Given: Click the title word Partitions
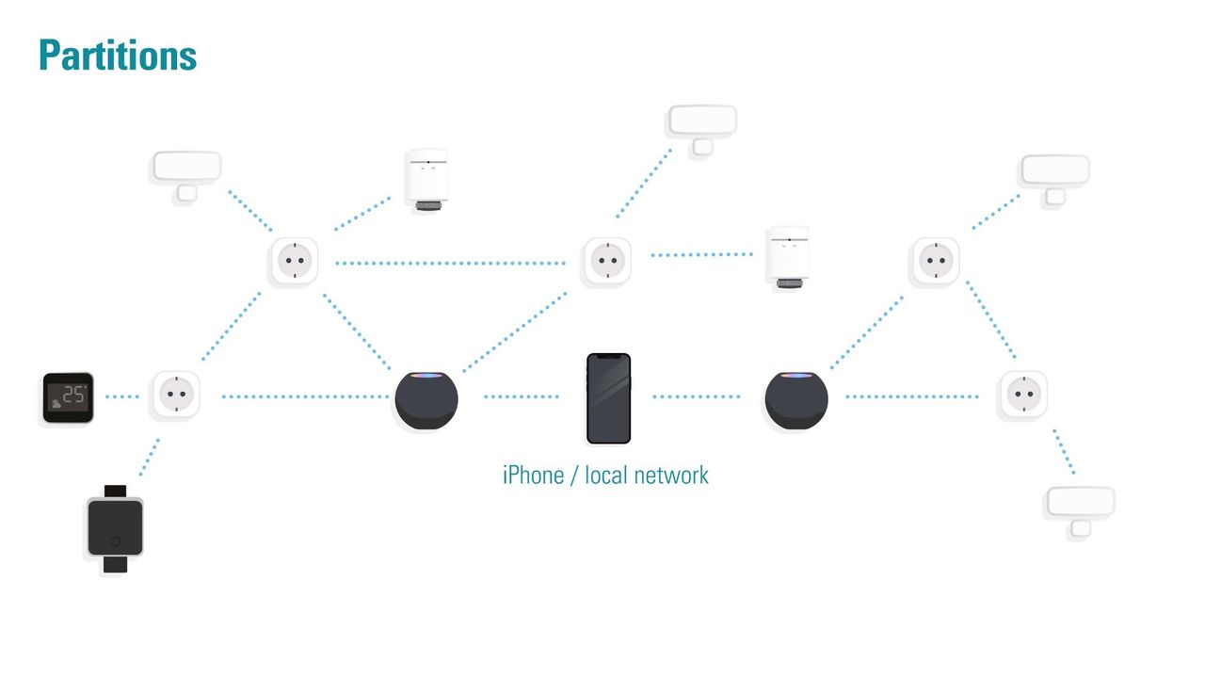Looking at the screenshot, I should (118, 56).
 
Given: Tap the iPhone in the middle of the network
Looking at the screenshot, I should (608, 398).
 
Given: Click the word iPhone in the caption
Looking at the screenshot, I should (532, 475).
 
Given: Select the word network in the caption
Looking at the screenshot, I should (671, 475).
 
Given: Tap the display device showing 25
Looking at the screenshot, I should (69, 397).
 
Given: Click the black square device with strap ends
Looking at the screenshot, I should (115, 528).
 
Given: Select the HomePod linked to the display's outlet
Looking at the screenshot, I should (426, 398).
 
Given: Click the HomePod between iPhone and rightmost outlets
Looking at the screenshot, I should (796, 398).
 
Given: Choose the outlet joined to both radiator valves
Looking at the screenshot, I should (293, 260).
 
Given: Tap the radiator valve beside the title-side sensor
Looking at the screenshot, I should (426, 180).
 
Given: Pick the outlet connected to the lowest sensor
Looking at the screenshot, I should (1022, 395).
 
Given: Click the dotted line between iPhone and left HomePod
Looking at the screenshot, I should (521, 397).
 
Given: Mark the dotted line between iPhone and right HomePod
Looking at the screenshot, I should (697, 397).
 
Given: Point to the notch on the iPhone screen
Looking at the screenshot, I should (608, 357).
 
